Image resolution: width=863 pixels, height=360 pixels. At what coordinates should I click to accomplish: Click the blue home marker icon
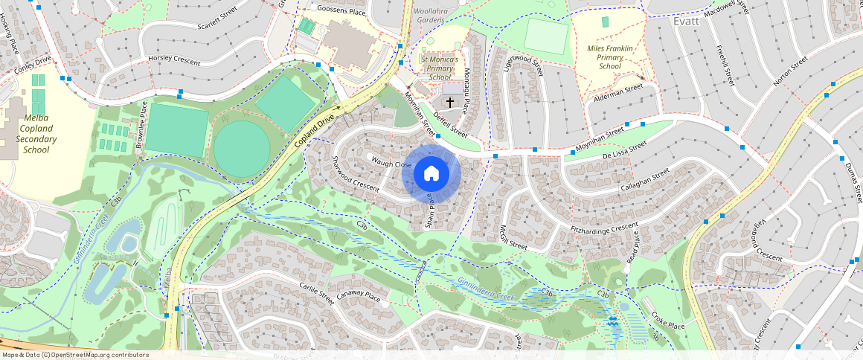[x=431, y=174]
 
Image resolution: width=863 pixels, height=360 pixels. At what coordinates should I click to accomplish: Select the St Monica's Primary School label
[x=440, y=68]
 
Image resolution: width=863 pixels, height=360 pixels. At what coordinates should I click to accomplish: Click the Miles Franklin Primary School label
[x=610, y=57]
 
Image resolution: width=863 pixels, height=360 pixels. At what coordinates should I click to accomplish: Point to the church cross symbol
[x=450, y=101]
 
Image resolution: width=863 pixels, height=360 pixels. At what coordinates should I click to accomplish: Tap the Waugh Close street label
[x=392, y=164]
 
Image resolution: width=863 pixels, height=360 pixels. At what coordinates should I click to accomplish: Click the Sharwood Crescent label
[x=356, y=175]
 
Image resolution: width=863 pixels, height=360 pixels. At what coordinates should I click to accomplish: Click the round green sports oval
[x=242, y=145]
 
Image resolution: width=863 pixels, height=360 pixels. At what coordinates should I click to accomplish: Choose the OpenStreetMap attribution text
[x=75, y=355]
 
